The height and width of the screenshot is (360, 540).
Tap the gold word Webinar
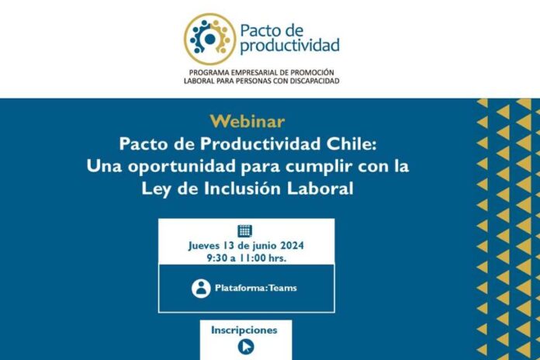[x=247, y=122]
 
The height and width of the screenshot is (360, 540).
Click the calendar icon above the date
[x=245, y=230]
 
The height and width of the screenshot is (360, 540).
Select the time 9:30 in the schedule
[x=219, y=256]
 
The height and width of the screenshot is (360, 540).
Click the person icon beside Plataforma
[x=201, y=288]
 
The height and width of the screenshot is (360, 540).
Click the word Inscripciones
[x=244, y=330]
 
